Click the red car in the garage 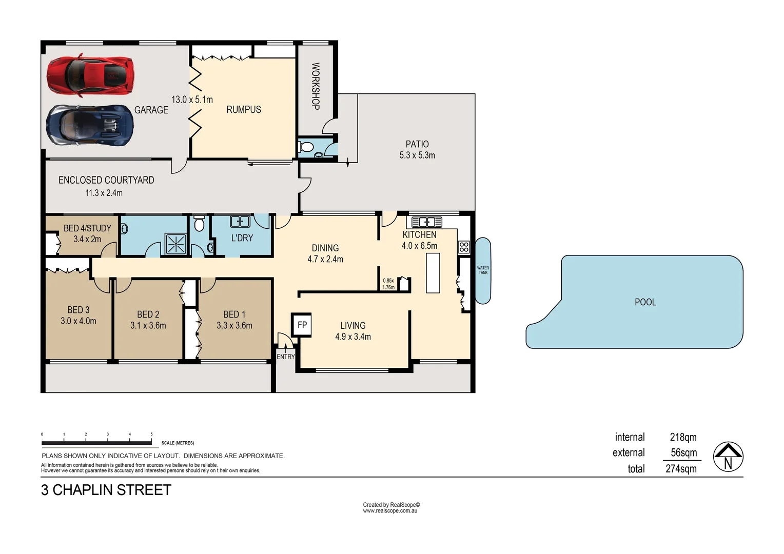[90, 75]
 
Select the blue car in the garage [90, 125]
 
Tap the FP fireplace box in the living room [302, 325]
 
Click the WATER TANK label [483, 270]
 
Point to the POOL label [645, 302]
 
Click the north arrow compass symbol [728, 457]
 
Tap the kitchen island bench [433, 273]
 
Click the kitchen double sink [427, 222]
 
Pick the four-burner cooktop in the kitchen [464, 247]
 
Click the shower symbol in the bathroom [175, 244]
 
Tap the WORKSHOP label [316, 86]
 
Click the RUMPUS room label [244, 109]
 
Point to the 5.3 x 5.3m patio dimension [417, 155]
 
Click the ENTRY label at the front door [286, 357]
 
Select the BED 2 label [148, 314]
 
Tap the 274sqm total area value [681, 468]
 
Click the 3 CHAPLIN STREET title [106, 490]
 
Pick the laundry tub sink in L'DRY [240, 222]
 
